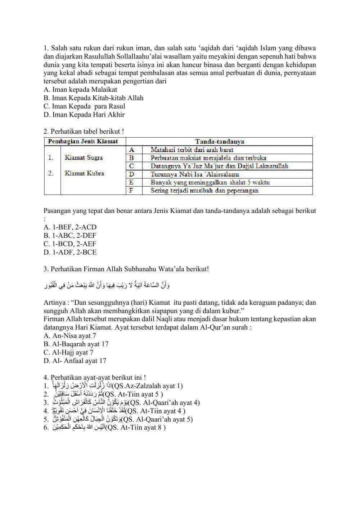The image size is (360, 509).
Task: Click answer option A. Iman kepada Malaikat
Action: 80,90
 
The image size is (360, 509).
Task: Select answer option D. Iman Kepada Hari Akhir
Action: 84,115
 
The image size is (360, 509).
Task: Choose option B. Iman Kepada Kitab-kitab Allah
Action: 94,98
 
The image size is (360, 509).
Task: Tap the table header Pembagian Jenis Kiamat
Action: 83,141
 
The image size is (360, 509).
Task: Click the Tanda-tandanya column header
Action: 219,142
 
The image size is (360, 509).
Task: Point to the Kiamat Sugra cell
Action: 84,157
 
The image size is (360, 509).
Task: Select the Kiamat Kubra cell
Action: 84,173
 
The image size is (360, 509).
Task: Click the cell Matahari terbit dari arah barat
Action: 192,149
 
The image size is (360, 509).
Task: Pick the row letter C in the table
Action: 132,166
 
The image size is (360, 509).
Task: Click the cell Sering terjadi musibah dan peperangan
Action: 204,191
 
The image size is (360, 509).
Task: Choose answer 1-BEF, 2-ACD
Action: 70,227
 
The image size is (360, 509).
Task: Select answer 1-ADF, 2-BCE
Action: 70,252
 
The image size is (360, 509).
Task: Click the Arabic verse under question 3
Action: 107,286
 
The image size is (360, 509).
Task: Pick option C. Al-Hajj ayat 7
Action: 68,352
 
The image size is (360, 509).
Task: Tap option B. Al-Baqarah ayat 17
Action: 76,344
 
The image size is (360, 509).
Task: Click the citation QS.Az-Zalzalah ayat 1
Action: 148,386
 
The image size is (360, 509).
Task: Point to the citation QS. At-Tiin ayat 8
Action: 136,428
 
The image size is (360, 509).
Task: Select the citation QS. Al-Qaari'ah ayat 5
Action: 157,419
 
